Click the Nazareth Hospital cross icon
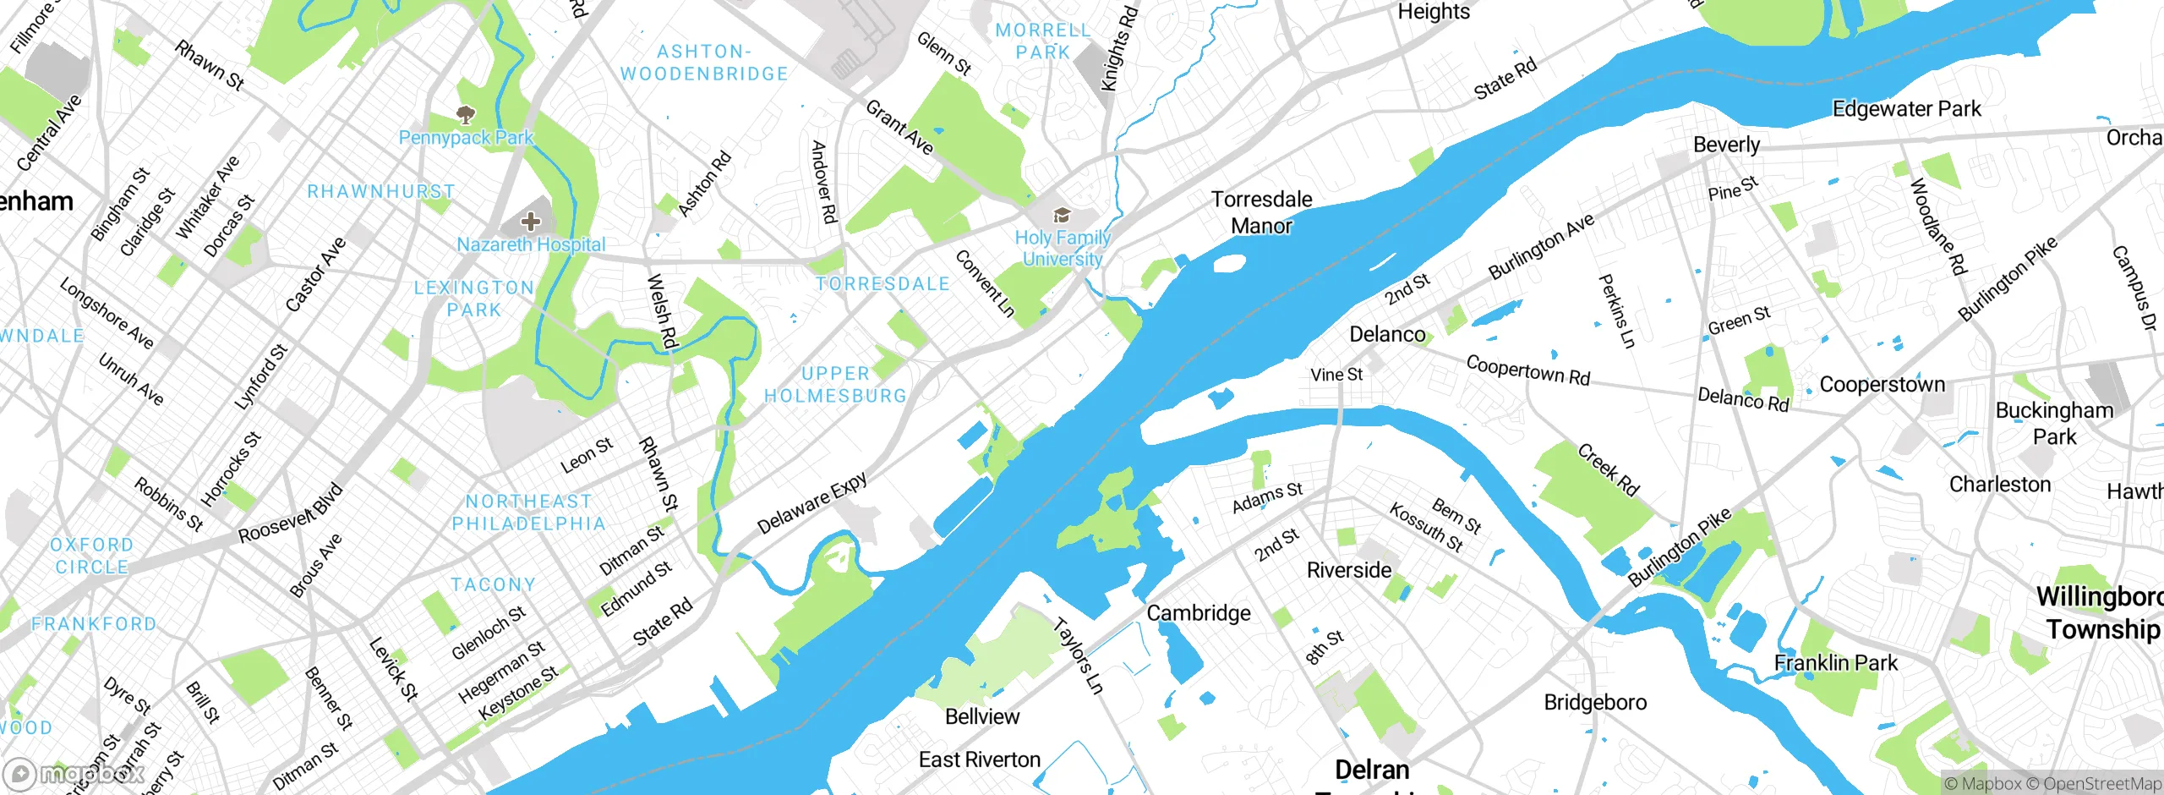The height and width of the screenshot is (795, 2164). pos(531,222)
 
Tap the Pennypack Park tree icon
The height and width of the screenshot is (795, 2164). pos(465,114)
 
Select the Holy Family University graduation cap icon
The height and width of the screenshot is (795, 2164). pos(1062,216)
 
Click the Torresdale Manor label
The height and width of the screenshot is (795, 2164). pos(1261,212)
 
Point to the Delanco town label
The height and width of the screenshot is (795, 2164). pos(1386,334)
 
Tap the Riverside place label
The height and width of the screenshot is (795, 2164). pos(1348,570)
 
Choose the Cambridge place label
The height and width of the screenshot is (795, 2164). pos(1198,612)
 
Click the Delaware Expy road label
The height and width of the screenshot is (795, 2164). pos(811,503)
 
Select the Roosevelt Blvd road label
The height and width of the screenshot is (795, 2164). pos(291,513)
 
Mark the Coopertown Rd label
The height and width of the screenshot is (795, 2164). pos(1527,370)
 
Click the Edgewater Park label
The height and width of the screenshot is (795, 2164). pos(1906,109)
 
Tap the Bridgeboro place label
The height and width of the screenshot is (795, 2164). pos(1595,702)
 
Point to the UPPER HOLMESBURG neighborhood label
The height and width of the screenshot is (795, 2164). pos(835,385)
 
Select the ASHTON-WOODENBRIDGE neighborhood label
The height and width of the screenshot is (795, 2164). pos(704,63)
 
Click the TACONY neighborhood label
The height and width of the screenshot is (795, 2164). pos(493,584)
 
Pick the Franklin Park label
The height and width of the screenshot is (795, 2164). pos(1835,663)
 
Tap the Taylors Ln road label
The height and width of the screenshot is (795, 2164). pos(1079,656)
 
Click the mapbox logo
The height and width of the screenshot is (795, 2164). pos(72,774)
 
